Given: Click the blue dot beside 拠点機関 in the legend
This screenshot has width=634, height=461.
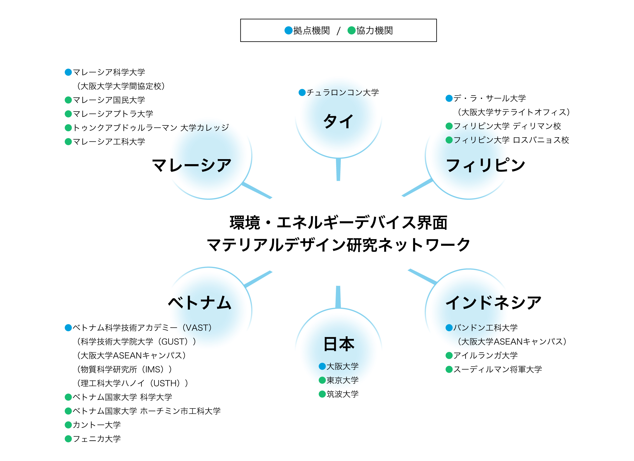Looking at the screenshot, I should click(288, 30).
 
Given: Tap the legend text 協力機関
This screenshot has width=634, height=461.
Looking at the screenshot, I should click(374, 31).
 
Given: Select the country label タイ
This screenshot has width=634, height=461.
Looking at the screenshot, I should click(338, 121).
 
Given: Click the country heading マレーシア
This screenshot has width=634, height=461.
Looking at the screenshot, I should click(192, 165).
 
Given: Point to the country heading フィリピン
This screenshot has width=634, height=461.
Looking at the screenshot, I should click(485, 165).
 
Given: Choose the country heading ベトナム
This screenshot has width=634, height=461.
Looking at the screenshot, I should click(200, 303).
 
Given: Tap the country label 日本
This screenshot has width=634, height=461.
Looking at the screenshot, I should click(339, 344).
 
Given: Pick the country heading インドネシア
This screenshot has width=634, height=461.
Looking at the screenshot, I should click(493, 303).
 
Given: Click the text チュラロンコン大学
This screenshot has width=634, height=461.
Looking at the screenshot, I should click(343, 92).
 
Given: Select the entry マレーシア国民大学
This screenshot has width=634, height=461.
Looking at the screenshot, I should click(109, 100).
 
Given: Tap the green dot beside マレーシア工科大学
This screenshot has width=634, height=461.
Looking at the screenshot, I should click(68, 142).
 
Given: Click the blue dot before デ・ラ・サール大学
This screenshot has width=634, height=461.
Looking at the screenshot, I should click(449, 99).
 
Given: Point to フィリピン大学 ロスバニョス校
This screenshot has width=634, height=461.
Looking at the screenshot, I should click(511, 140).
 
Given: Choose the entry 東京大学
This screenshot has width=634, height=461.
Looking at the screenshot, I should click(343, 380).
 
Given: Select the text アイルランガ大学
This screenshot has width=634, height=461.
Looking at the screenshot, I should click(485, 355).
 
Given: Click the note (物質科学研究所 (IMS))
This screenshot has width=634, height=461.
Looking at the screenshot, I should click(124, 370).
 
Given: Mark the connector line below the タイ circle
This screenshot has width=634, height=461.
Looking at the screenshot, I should click(338, 169).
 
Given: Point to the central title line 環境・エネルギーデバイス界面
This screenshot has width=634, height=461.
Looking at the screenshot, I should click(338, 223).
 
